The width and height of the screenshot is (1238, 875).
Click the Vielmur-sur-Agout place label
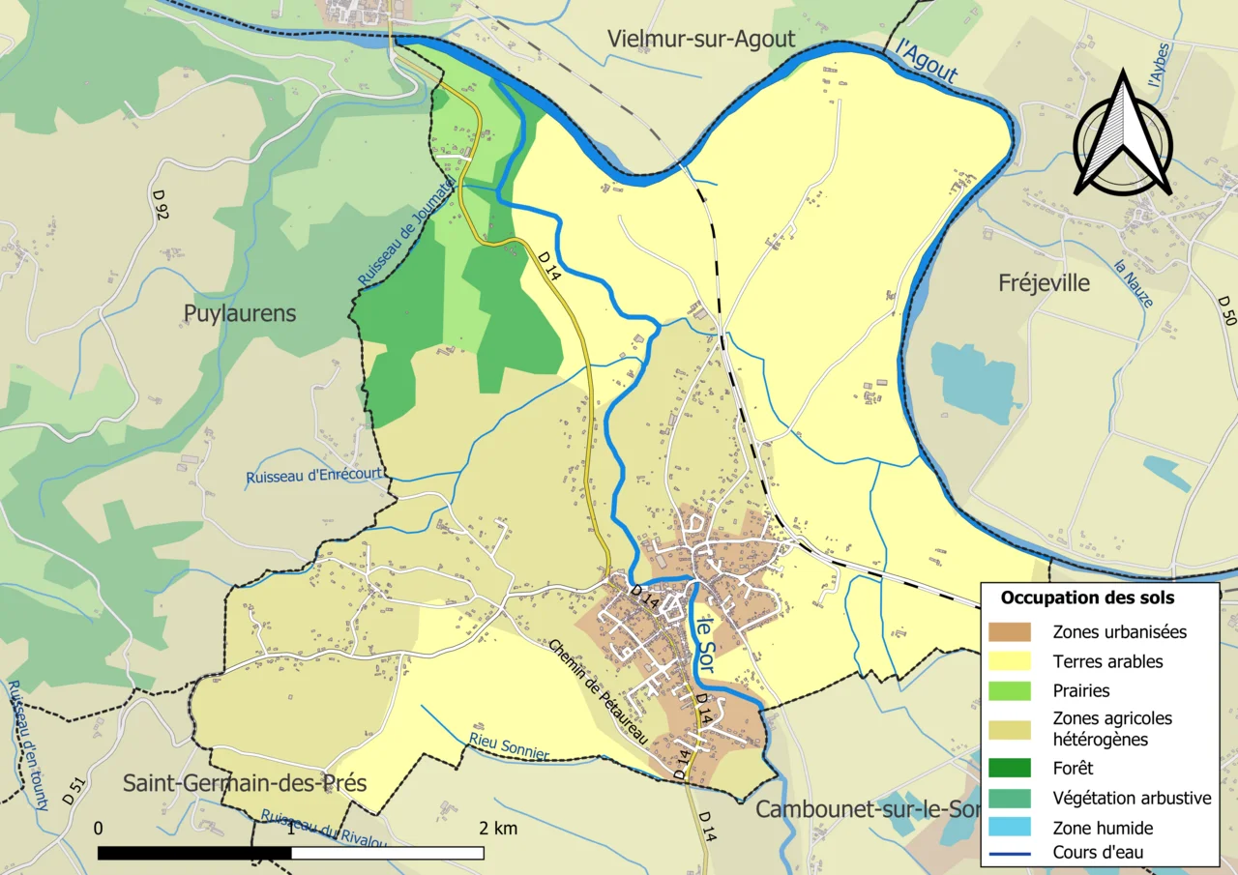pyautogui.click(x=701, y=39)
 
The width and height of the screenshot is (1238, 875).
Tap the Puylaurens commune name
pyautogui.click(x=240, y=313)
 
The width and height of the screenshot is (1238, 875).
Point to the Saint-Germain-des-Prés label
pyautogui.click(x=245, y=782)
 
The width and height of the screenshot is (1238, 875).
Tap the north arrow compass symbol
pyautogui.click(x=1123, y=135)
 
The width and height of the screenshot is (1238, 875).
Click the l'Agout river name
pyautogui.click(x=928, y=61)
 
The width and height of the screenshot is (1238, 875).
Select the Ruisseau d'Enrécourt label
pyautogui.click(x=314, y=476)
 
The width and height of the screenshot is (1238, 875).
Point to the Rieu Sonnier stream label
pyautogui.click(x=509, y=744)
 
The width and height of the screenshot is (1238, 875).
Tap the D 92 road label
pyautogui.click(x=161, y=205)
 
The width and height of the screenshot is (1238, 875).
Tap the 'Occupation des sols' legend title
pyautogui.click(x=1087, y=598)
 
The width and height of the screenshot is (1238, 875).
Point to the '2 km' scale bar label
pyautogui.click(x=498, y=829)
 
